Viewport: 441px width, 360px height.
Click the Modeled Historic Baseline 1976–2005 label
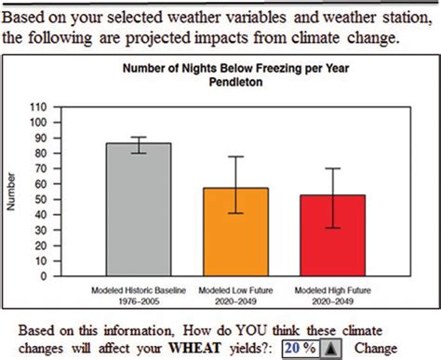pos(138,283)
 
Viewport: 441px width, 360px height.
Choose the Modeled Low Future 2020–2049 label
pos(235,283)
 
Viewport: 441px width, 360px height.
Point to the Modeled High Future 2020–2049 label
pos(332,283)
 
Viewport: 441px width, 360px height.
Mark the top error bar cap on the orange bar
pos(235,157)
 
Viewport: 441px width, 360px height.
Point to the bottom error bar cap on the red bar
pos(332,228)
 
